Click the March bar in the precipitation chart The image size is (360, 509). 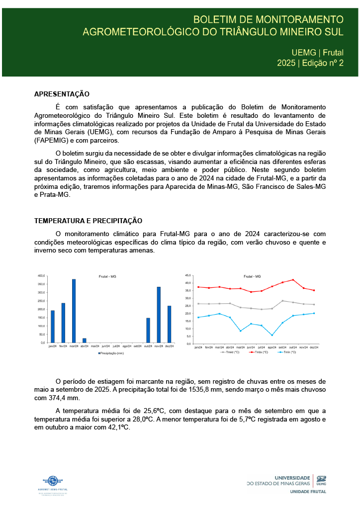(x=74, y=311)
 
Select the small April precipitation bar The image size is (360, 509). (x=85, y=340)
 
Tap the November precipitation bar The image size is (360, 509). (x=159, y=315)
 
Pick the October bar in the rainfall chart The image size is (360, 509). (x=148, y=330)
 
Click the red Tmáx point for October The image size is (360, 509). (x=293, y=280)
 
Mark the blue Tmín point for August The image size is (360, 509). (x=272, y=335)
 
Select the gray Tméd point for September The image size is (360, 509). (x=282, y=301)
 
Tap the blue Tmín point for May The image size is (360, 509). (x=240, y=331)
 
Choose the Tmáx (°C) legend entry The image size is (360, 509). (x=259, y=352)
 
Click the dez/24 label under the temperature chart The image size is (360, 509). (x=314, y=347)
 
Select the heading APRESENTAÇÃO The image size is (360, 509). (x=62, y=94)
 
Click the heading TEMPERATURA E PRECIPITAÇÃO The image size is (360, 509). (x=88, y=221)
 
